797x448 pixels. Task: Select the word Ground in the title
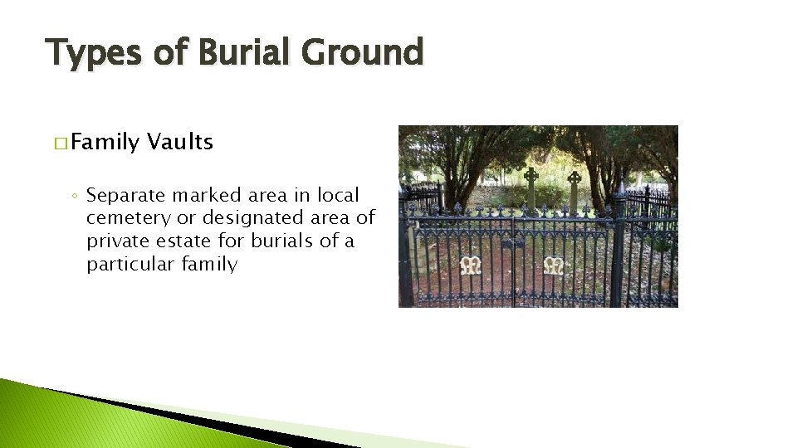363,52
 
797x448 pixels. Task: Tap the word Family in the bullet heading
105,143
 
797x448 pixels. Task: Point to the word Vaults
180,142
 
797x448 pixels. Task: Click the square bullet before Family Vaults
61,144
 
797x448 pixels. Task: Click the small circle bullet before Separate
75,197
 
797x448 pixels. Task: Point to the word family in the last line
209,265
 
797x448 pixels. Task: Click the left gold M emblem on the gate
472,265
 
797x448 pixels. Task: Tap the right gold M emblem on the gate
553,265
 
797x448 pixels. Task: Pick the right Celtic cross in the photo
574,187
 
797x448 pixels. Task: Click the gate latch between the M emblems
512,249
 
